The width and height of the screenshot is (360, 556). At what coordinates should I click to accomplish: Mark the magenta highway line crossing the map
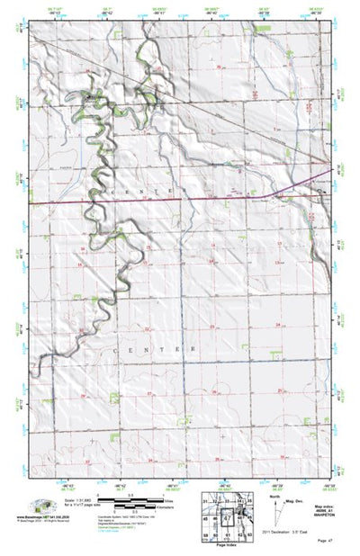click(x=180, y=199)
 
